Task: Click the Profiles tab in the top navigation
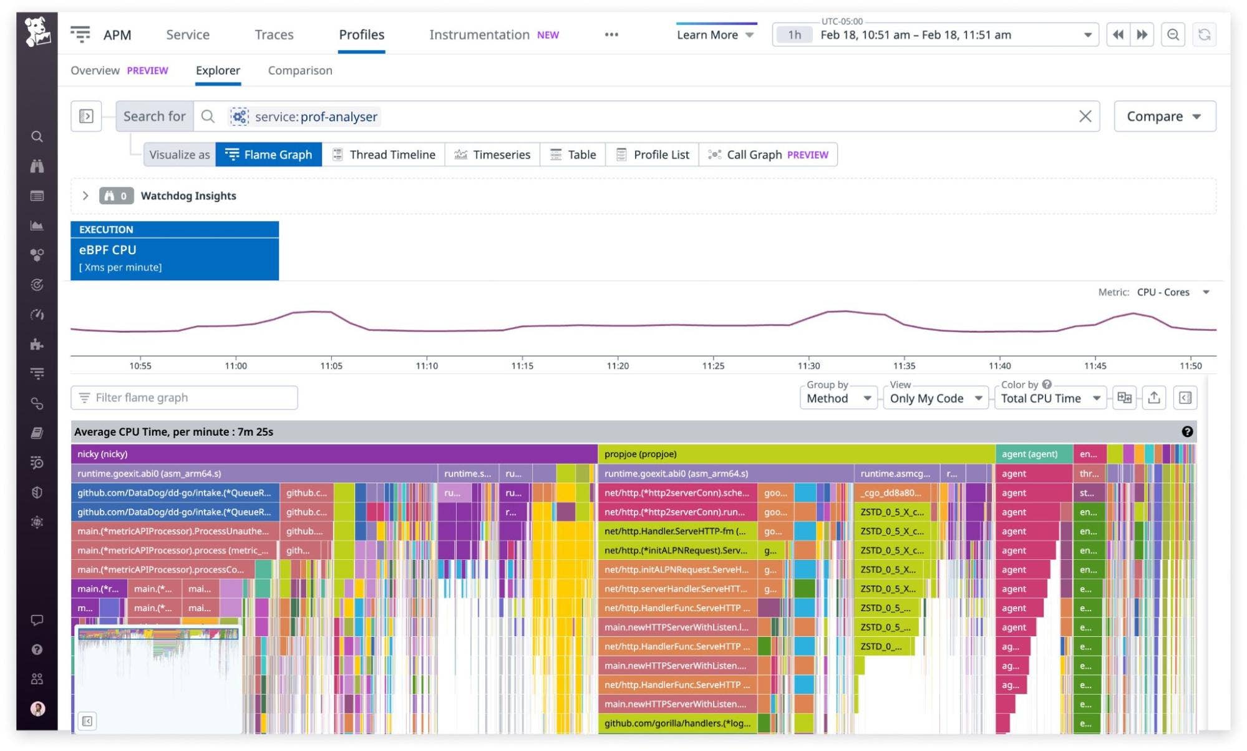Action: point(361,35)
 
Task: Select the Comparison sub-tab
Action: point(299,71)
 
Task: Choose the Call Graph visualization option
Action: point(769,155)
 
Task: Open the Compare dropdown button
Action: point(1163,117)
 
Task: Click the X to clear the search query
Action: point(1085,117)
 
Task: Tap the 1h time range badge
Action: point(794,35)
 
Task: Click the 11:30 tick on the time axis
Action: point(808,365)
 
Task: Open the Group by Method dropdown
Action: point(838,398)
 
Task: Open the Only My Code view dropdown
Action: point(935,398)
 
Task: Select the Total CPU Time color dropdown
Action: point(1050,398)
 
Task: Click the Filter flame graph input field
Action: point(185,398)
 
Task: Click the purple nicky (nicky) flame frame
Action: point(334,454)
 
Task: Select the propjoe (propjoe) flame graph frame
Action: point(795,454)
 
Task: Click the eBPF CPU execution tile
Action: point(174,251)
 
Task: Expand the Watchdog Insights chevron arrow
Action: point(85,196)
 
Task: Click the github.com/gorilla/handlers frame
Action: point(677,724)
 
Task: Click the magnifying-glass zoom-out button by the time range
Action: point(1173,35)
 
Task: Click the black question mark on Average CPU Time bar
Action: point(1186,432)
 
